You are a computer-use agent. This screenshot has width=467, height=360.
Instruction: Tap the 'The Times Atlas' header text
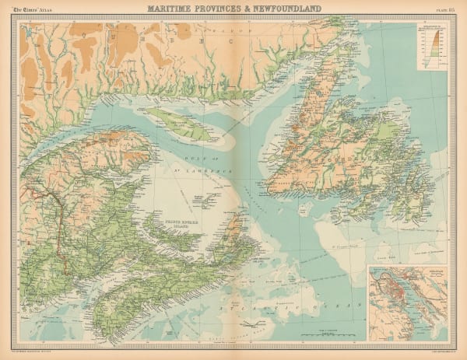coord(30,9)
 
